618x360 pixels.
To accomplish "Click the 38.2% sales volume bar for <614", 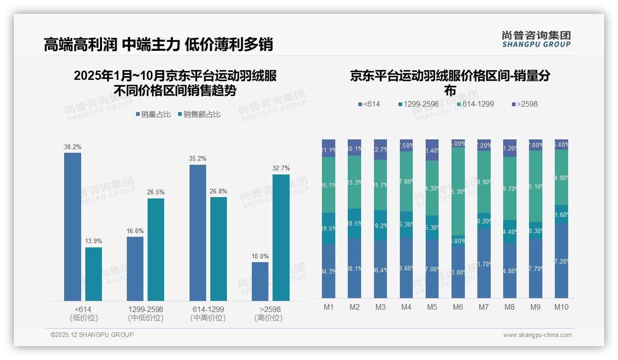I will [72, 227].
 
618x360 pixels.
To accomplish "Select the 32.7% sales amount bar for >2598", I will [281, 237].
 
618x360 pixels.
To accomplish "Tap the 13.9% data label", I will [94, 241].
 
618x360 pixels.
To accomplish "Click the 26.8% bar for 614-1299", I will [219, 249].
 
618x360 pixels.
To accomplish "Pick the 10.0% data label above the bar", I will [260, 256].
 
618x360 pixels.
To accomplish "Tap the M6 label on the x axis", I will [458, 307].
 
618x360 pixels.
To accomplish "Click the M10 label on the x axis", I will [561, 307].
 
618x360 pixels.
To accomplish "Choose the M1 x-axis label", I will [328, 307].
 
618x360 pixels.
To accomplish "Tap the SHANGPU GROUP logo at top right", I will [536, 39].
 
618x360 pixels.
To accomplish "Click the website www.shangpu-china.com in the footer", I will [537, 335].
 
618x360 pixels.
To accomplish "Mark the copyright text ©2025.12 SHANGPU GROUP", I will [92, 335].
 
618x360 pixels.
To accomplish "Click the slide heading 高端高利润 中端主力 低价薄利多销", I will [158, 44].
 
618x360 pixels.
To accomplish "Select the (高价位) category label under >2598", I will [268, 318].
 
